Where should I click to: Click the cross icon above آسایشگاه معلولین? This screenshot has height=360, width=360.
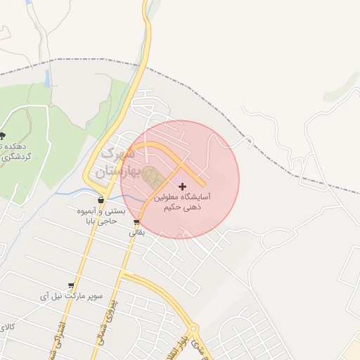click(x=183, y=186)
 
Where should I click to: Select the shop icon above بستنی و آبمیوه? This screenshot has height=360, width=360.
click(x=101, y=200)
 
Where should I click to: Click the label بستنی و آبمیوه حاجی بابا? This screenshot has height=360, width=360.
click(x=101, y=216)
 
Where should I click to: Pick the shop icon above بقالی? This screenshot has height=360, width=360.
click(x=136, y=223)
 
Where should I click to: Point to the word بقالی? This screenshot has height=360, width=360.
click(x=136, y=233)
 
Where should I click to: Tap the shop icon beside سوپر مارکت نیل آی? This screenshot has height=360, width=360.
click(x=71, y=285)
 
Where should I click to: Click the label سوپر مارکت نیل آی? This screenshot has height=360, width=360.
click(x=71, y=296)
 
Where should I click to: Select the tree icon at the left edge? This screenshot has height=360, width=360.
click(x=3, y=135)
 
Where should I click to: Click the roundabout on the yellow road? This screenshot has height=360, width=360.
click(x=192, y=330)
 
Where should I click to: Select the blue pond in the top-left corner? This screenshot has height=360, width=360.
click(x=28, y=2)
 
